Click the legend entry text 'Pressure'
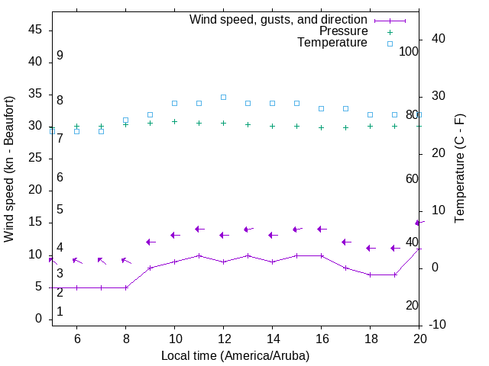[343, 31]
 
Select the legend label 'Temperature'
[332, 43]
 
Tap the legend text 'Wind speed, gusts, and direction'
[279, 20]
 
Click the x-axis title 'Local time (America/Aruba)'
[235, 355]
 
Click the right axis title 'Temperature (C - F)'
[459, 169]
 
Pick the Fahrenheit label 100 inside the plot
[409, 51]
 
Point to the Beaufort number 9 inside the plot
[60, 56]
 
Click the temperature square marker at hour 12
[223, 97]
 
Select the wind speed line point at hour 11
[199, 255]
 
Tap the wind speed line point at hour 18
[370, 274]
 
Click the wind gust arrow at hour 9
[151, 242]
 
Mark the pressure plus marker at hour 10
[174, 121]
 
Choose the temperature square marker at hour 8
[125, 120]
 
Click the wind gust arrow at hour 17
[346, 242]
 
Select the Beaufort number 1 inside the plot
[60, 312]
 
